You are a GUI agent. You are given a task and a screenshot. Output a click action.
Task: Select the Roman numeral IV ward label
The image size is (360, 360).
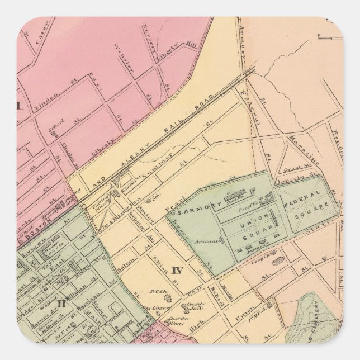pyautogui.click(x=177, y=271)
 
